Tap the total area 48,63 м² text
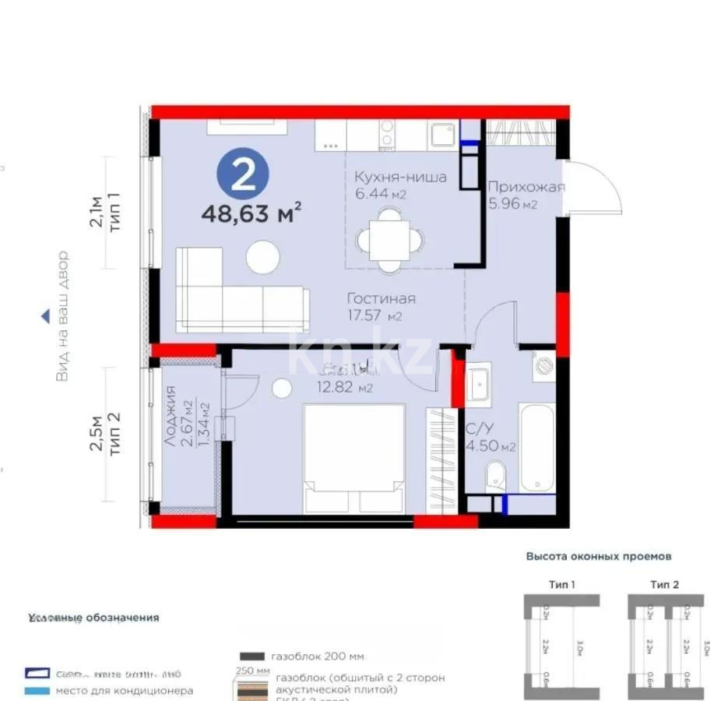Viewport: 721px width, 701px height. click(251, 213)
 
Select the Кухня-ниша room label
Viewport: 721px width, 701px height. click(400, 178)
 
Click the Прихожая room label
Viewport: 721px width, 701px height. click(526, 187)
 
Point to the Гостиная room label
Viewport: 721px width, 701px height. click(381, 299)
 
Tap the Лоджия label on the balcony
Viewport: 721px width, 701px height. click(171, 417)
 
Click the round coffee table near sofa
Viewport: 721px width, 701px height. click(262, 256)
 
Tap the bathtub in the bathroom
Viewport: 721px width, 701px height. click(537, 447)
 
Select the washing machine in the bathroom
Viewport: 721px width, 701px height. click(543, 365)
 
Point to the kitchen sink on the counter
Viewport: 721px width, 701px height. click(443, 135)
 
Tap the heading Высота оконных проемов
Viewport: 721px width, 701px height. click(598, 557)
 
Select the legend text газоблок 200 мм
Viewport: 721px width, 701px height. click(317, 656)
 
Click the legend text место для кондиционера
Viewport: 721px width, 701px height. click(124, 690)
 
